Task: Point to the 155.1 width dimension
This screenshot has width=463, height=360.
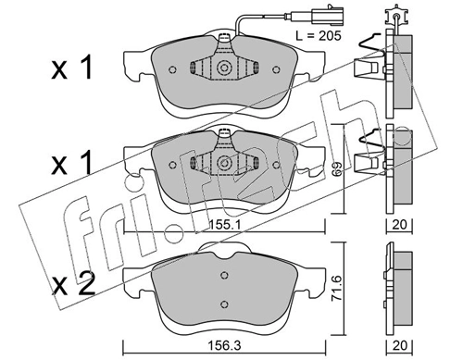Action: tap(228, 223)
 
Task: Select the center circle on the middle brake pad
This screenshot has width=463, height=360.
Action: tap(223, 162)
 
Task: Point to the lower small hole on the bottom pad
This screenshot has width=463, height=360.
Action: tap(223, 305)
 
